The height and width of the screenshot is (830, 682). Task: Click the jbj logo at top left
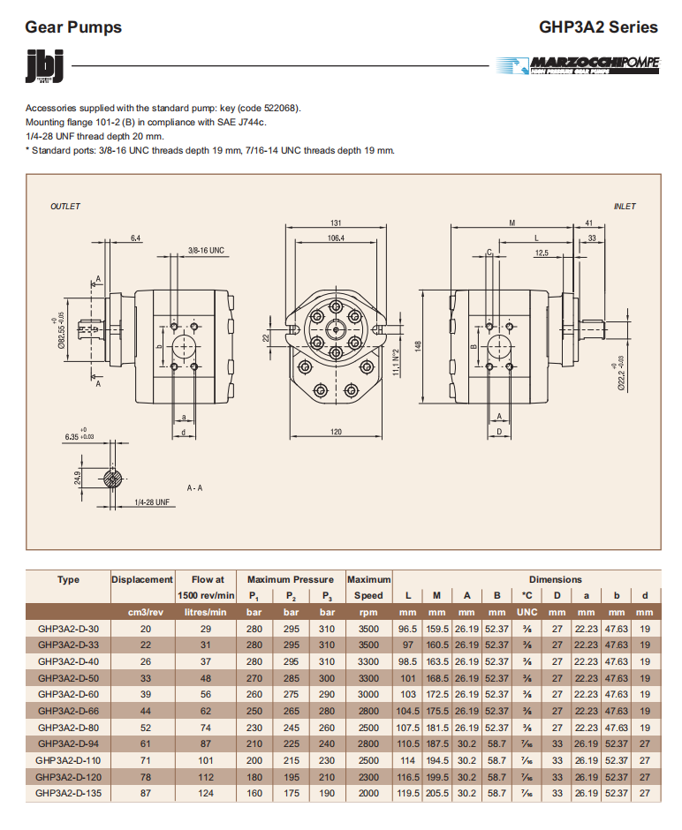click(43, 66)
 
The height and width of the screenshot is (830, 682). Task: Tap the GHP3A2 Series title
click(598, 26)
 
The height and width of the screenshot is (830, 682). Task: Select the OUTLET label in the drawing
click(65, 207)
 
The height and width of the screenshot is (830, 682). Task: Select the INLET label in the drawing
click(625, 207)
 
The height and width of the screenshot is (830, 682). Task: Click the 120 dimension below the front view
click(336, 432)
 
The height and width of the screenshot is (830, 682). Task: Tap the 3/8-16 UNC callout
click(206, 251)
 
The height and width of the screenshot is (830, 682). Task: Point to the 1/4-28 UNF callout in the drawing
click(151, 502)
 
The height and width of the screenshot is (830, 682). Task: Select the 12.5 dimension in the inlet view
click(541, 253)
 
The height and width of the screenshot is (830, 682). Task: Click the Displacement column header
click(142, 579)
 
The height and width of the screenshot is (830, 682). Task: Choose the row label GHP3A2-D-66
click(68, 711)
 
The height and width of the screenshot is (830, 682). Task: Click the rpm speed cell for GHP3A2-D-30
click(368, 629)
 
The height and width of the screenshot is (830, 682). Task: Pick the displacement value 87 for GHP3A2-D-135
click(142, 793)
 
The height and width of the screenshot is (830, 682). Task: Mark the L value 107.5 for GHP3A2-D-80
click(407, 728)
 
